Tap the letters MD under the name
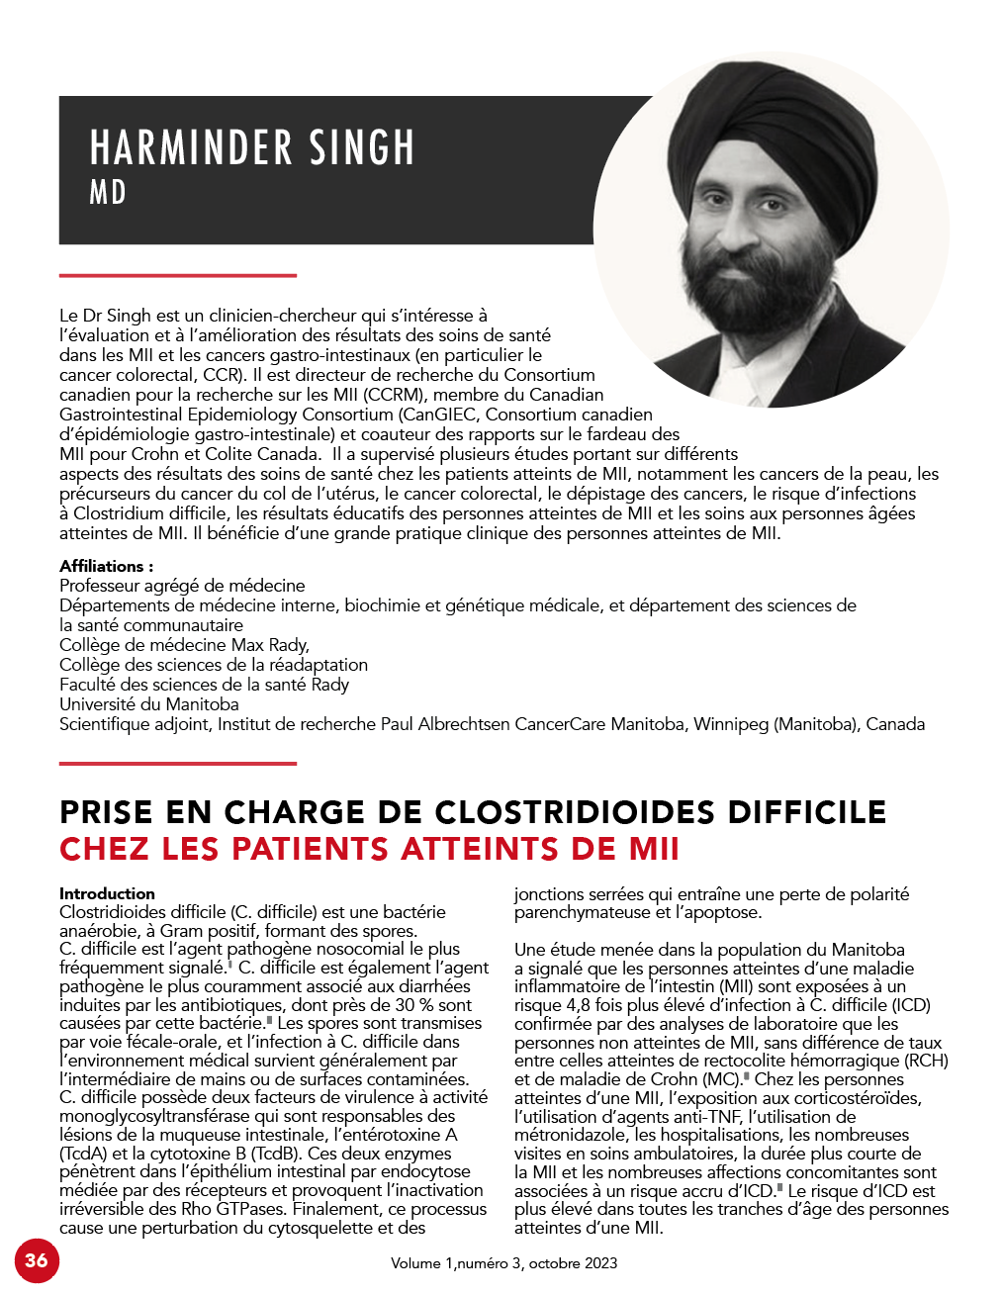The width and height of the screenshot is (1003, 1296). (x=108, y=192)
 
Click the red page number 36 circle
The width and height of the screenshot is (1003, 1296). (x=37, y=1259)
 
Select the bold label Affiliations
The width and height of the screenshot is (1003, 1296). (x=106, y=566)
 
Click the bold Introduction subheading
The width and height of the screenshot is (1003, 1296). (x=107, y=893)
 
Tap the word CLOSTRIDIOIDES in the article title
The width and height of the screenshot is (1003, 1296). (x=576, y=812)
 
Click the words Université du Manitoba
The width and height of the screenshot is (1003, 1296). (x=149, y=704)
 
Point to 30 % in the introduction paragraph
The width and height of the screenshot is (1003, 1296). (x=413, y=1005)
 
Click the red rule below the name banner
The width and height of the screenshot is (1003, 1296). (x=178, y=275)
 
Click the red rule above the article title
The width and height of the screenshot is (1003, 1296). (x=178, y=763)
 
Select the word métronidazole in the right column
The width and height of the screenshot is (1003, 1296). (x=572, y=1135)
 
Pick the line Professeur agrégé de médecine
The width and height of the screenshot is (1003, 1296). (x=182, y=586)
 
